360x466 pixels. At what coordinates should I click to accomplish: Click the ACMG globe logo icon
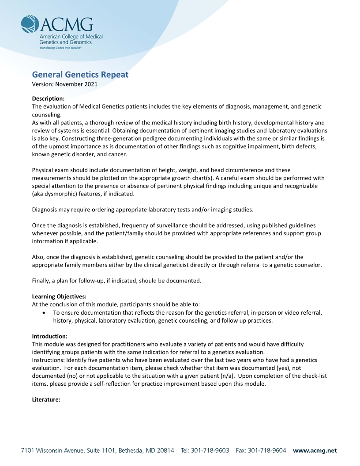pos(30,24)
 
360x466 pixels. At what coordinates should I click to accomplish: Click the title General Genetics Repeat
pos(80,74)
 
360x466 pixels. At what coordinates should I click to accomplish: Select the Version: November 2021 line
pos(65,84)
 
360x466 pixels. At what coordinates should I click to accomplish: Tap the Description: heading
pos(49,98)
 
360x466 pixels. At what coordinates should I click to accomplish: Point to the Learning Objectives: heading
pos(59,296)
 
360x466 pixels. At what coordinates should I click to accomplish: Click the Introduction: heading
pos(50,336)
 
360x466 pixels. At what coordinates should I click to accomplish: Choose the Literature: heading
pos(46,400)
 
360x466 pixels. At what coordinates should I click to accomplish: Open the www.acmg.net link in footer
pos(315,451)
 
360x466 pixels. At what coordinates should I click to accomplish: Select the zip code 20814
pos(164,451)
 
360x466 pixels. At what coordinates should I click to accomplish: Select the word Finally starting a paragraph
pos(42,281)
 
